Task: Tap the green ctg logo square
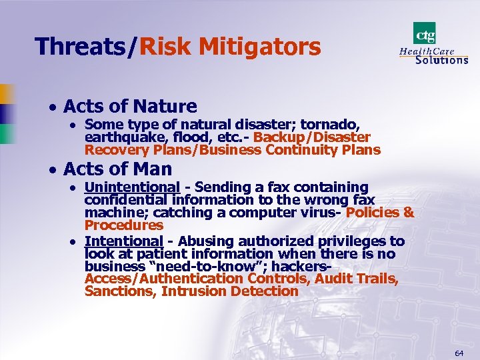point(424,33)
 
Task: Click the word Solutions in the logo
point(441,59)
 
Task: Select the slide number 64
point(459,352)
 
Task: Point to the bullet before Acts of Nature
point(51,107)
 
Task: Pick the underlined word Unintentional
point(132,187)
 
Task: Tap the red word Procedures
point(123,225)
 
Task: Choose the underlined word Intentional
point(124,241)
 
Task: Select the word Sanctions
point(118,291)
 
